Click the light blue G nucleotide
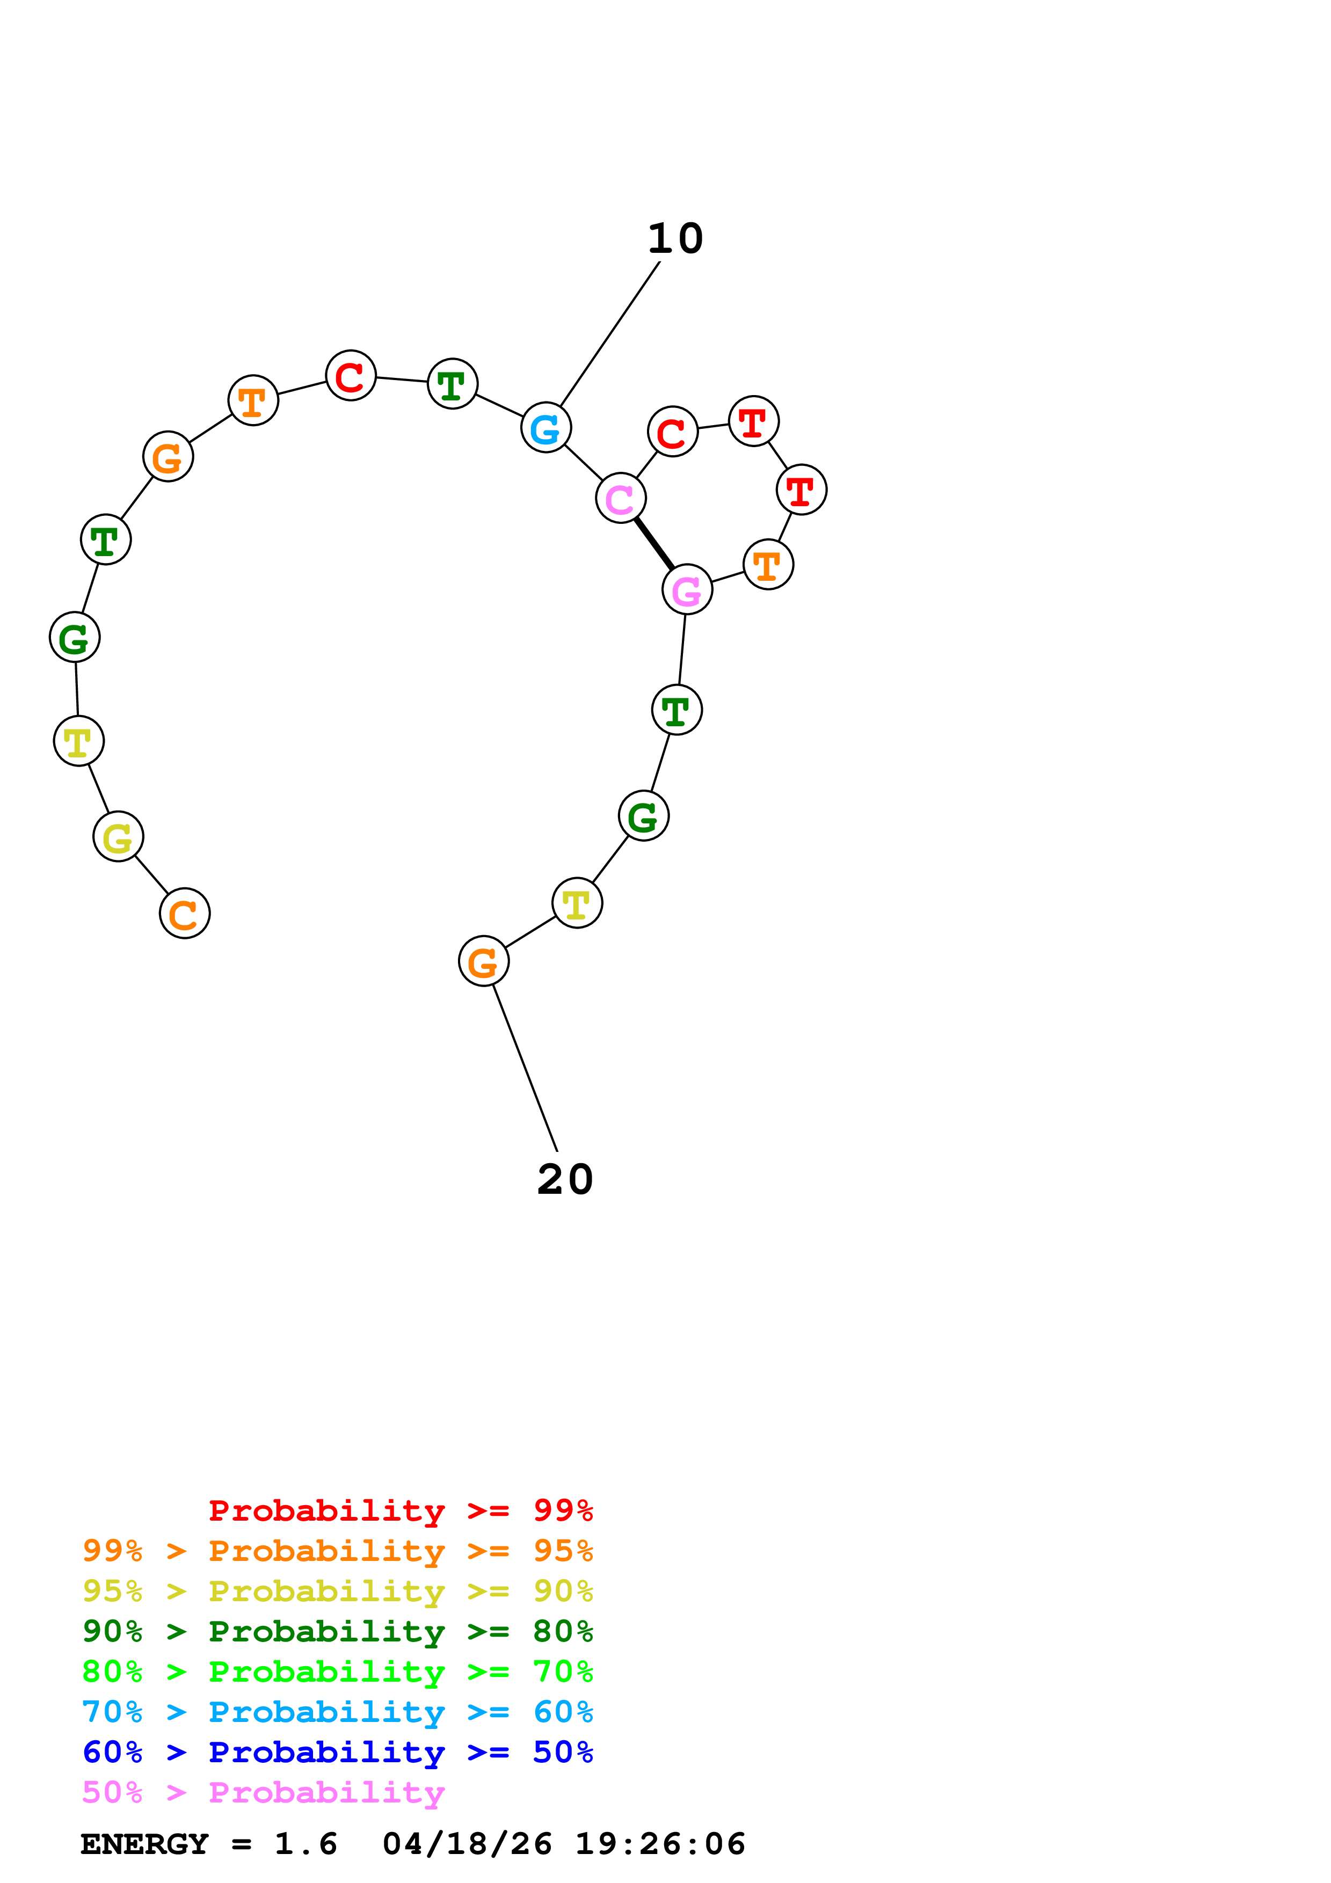click(546, 427)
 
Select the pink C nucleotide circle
click(621, 498)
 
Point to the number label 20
click(564, 1179)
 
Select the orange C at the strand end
click(185, 913)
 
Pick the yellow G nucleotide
click(118, 836)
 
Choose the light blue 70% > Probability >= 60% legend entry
click(337, 1712)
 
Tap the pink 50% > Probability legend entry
click(263, 1792)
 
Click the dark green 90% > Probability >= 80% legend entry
click(337, 1631)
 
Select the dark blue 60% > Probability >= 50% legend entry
click(337, 1752)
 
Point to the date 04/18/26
click(467, 1844)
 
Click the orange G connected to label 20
click(483, 961)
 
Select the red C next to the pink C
click(672, 432)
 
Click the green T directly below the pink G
click(677, 710)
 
